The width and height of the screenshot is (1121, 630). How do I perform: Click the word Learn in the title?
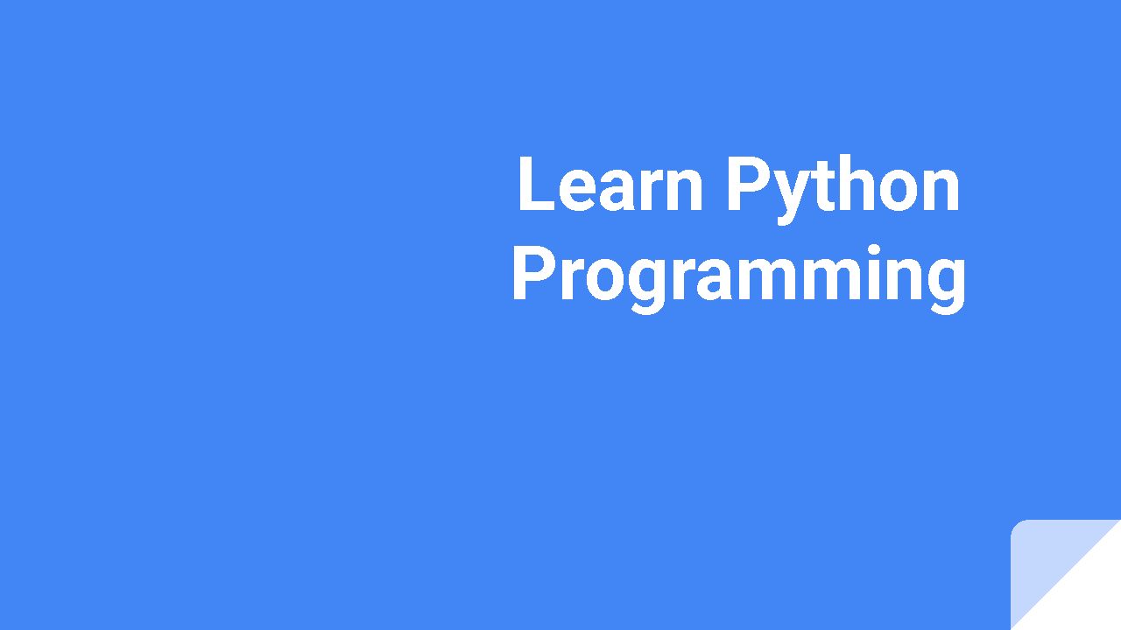(x=610, y=185)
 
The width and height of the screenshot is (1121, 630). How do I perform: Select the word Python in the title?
(x=843, y=185)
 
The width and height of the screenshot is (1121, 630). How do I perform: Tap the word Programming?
(x=738, y=275)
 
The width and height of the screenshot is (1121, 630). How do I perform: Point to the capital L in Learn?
(x=533, y=185)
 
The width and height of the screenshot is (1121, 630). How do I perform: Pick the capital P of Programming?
(x=531, y=275)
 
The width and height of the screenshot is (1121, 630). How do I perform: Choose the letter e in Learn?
(x=576, y=191)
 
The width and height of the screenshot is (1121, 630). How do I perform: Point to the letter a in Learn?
(x=617, y=191)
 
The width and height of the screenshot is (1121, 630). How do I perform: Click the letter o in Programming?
(x=602, y=281)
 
